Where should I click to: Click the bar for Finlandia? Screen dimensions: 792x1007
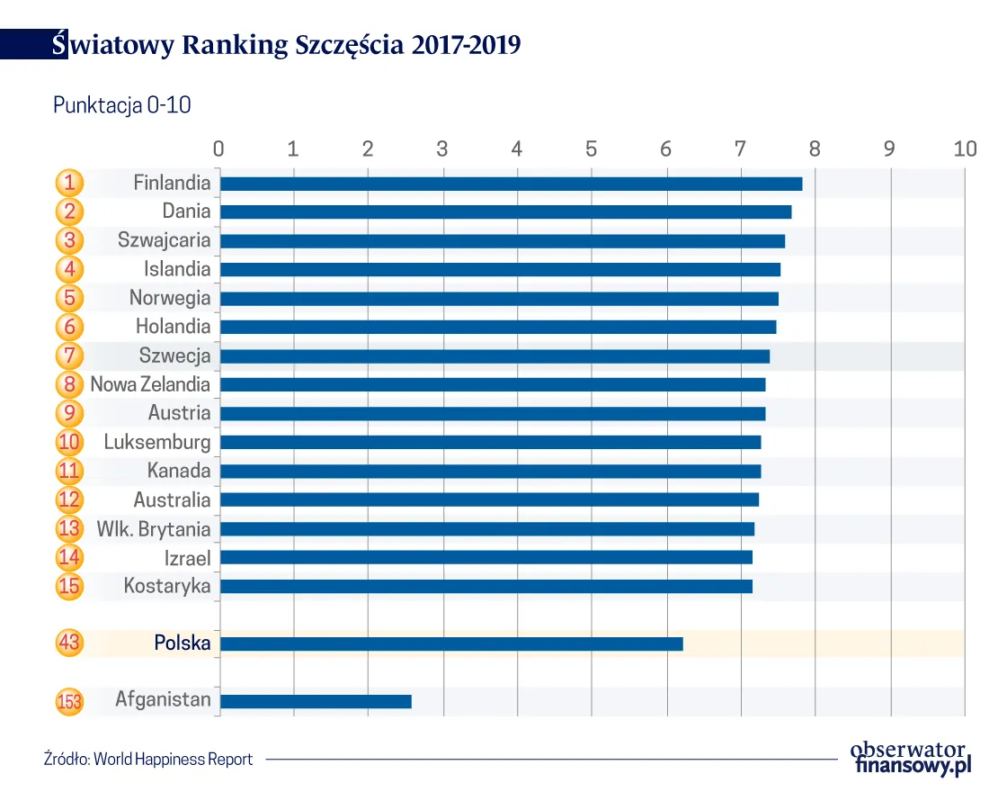(511, 184)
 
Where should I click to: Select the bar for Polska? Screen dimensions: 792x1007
(451, 643)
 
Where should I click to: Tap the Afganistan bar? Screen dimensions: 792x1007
(316, 701)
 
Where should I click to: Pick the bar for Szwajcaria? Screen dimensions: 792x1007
(502, 241)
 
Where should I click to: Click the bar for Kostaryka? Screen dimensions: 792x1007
(486, 587)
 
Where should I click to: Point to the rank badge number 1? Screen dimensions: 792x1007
(69, 184)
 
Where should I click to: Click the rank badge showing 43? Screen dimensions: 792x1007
(69, 643)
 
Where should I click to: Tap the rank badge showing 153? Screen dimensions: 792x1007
(69, 701)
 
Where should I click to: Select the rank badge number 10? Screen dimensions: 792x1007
(69, 443)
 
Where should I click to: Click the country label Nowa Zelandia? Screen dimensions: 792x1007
(150, 385)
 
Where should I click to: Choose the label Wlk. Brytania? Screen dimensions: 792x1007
(154, 529)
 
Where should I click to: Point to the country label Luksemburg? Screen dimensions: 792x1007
(157, 443)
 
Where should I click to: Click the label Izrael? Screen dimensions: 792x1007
(187, 558)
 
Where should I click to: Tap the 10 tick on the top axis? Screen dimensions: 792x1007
(965, 148)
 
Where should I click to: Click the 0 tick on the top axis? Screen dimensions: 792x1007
(218, 148)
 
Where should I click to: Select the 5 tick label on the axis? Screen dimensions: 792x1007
(591, 148)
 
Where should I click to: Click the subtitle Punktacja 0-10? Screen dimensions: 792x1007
(122, 105)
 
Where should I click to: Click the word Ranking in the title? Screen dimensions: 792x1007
(236, 45)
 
